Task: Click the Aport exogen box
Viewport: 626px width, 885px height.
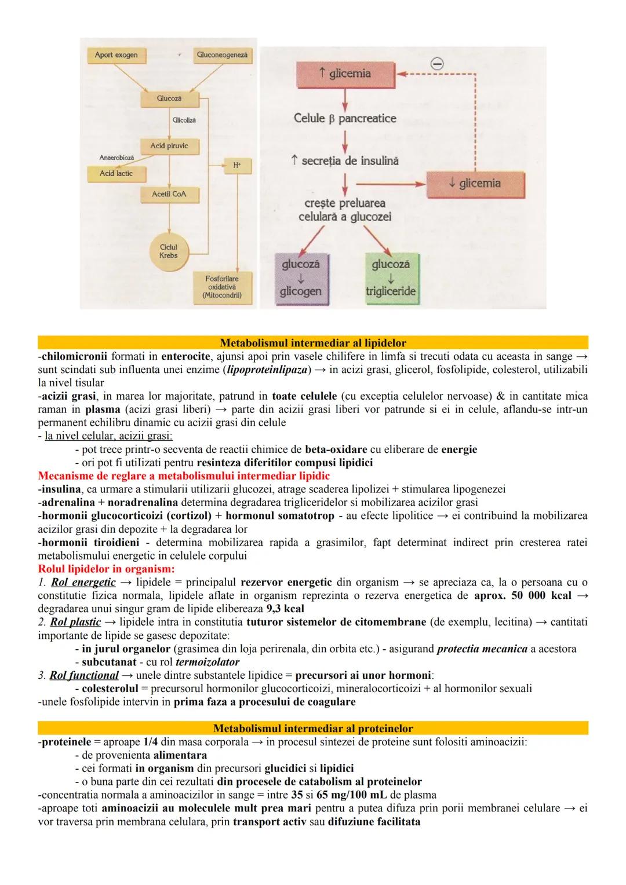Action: [117, 55]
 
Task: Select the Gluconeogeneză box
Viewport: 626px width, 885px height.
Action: [222, 55]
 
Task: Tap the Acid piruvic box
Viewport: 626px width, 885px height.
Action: [169, 146]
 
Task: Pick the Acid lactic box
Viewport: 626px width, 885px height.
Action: [116, 173]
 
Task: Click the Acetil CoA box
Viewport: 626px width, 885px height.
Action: [169, 194]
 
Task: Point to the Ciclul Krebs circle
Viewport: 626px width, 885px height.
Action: [169, 251]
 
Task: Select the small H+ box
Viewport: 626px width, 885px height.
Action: [237, 165]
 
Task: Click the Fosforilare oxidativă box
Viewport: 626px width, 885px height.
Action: [223, 287]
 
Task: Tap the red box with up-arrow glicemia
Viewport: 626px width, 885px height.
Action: [345, 74]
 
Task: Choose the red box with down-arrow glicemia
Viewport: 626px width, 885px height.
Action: [475, 184]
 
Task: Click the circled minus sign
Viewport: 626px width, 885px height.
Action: [438, 64]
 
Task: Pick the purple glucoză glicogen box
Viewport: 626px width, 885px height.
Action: [301, 278]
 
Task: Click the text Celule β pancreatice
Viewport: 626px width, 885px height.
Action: [345, 118]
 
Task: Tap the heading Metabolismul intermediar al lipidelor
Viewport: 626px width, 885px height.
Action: [313, 343]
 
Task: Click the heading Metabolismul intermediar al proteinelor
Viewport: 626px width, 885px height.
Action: [313, 728]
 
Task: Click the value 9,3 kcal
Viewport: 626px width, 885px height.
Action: [285, 609]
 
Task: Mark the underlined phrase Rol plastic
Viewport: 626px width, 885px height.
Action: [75, 622]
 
